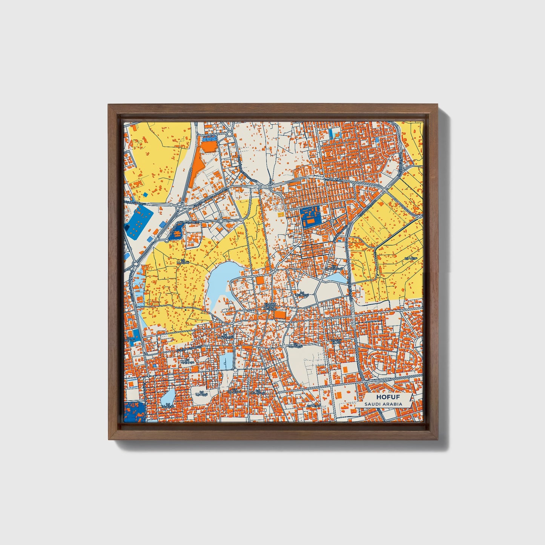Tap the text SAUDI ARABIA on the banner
[383, 404]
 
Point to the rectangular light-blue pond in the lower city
[227, 361]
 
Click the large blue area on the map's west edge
[138, 222]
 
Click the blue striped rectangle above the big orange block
[209, 138]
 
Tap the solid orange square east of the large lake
[261, 280]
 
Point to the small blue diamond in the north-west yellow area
[145, 195]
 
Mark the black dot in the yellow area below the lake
[186, 310]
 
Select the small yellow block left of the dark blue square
[280, 214]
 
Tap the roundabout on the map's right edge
[419, 217]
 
